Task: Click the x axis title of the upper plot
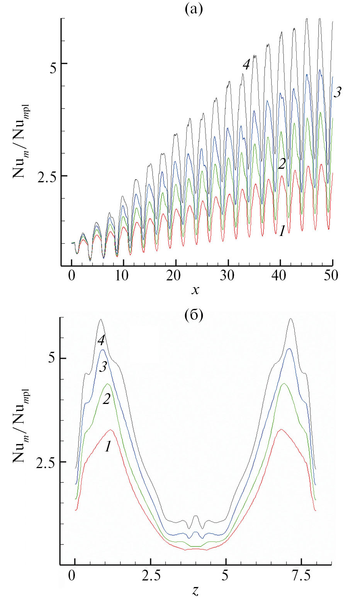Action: coord(195,290)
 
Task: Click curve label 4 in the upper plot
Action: coord(246,65)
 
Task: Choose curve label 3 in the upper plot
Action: coord(337,93)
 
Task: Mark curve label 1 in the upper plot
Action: coord(282,231)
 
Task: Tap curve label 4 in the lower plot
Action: coord(101,340)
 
